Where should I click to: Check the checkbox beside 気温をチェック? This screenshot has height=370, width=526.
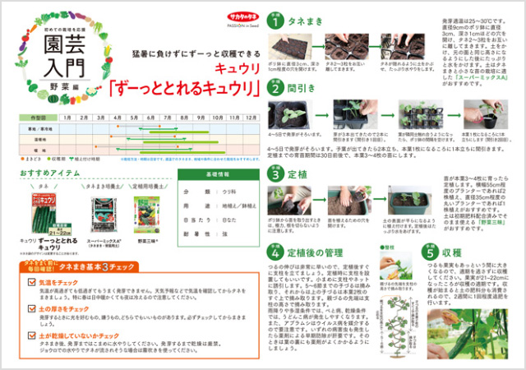tap(32, 281)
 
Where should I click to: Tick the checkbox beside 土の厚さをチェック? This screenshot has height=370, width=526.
tap(32, 308)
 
